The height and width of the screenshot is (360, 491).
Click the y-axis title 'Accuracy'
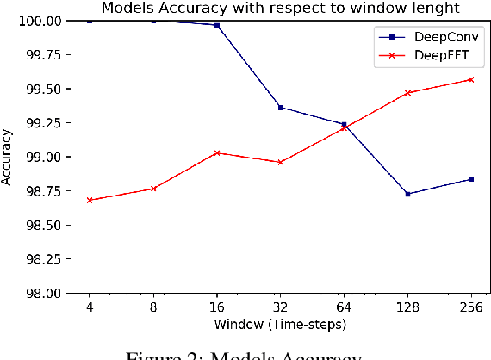pyautogui.click(x=8, y=157)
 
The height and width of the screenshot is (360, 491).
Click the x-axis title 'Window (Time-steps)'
pyautogui.click(x=280, y=324)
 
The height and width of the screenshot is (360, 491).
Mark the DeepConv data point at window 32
pyautogui.click(x=280, y=108)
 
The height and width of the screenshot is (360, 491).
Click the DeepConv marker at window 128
pyautogui.click(x=407, y=194)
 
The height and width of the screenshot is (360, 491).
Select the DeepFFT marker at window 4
pyautogui.click(x=90, y=200)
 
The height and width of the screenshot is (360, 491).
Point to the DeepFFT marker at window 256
pyautogui.click(x=470, y=80)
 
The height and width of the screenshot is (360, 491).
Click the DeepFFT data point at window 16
pyautogui.click(x=216, y=152)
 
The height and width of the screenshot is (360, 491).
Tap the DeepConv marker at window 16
pyautogui.click(x=216, y=25)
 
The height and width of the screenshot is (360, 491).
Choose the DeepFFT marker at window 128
pyautogui.click(x=407, y=93)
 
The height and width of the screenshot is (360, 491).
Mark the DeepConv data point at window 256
pyautogui.click(x=470, y=179)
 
